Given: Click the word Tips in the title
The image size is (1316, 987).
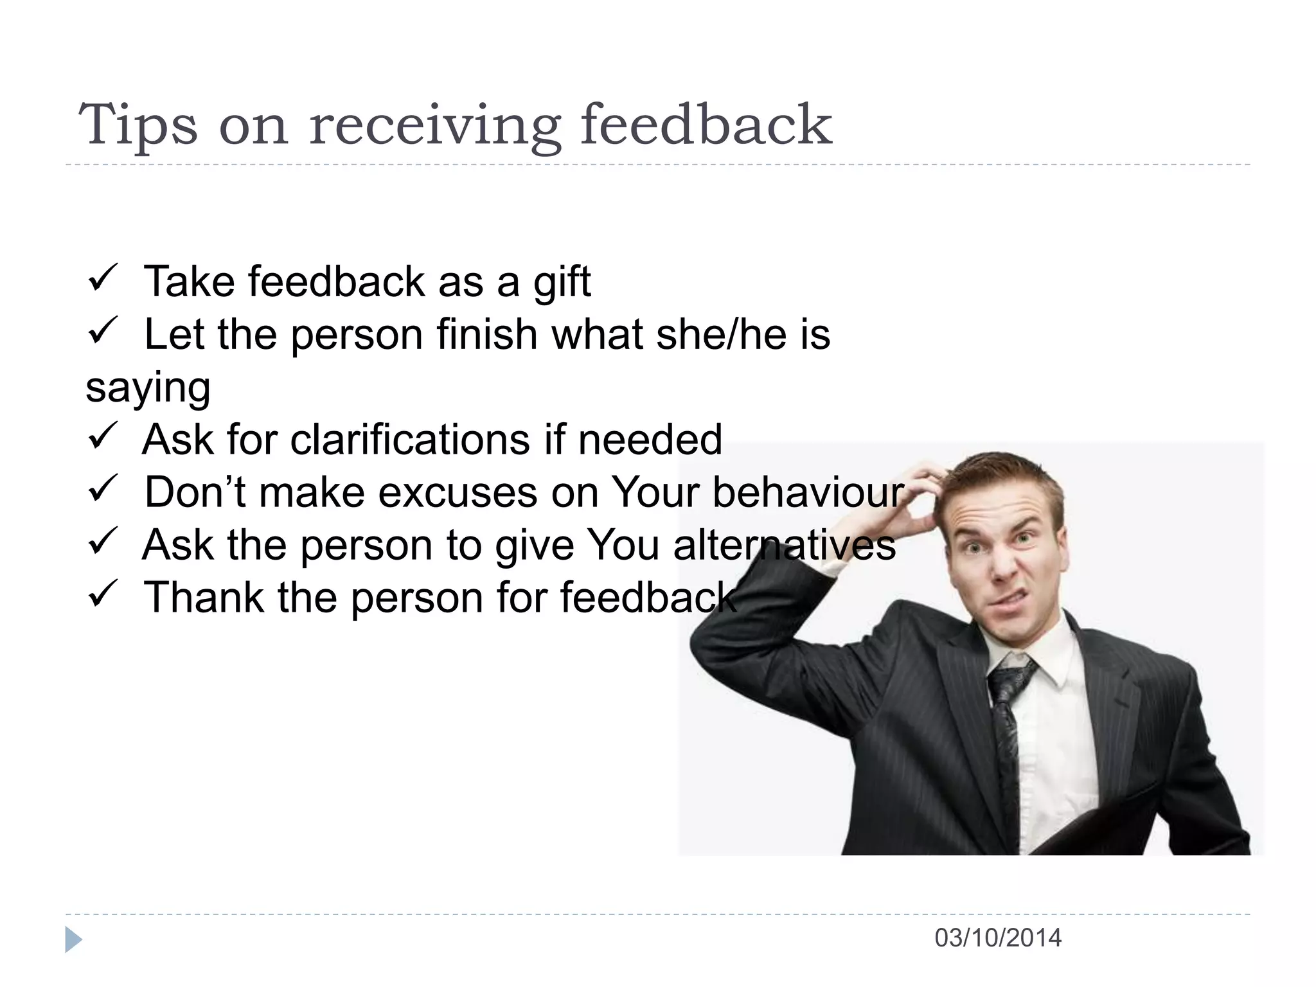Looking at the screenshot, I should [x=138, y=125].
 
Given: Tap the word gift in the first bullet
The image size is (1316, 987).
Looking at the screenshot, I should [x=562, y=283].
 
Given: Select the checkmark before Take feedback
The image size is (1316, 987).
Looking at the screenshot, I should [x=102, y=278].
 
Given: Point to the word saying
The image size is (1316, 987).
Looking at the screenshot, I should [x=148, y=388].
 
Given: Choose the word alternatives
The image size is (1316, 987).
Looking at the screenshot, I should [x=784, y=546].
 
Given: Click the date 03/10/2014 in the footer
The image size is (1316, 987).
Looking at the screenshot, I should [x=997, y=938].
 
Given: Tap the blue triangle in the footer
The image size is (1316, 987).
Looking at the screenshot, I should [x=73, y=939].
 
